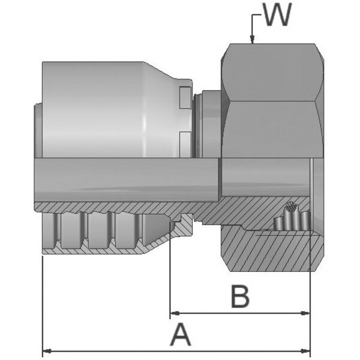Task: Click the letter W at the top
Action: tap(276, 16)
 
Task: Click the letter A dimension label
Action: tap(180, 334)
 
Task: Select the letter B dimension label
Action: tap(240, 296)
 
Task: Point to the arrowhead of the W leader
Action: tap(253, 41)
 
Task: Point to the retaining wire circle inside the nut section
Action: tap(291, 208)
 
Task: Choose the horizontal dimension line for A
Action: tap(120, 350)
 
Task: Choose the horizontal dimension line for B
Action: tap(240, 313)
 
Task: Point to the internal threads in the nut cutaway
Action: tap(288, 225)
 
